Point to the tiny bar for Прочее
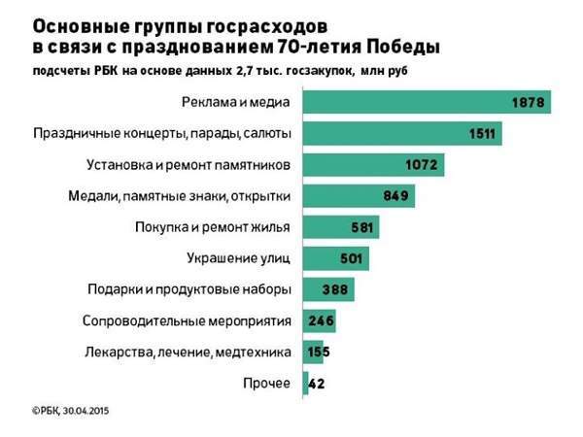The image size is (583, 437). [306, 384]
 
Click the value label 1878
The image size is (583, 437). [532, 102]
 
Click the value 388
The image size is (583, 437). [338, 290]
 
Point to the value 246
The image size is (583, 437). [321, 321]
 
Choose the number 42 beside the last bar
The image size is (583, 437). [317, 385]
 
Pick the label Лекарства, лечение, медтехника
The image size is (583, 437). [189, 353]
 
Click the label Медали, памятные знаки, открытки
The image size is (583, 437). [180, 196]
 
